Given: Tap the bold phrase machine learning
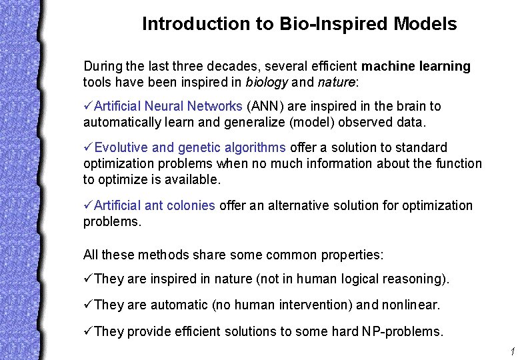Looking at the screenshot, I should (416, 67).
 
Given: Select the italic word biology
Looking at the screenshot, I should (267, 83).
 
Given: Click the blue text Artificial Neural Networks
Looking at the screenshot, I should (168, 107).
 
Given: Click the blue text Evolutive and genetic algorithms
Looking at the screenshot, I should (190, 148).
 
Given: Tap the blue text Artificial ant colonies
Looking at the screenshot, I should (155, 206).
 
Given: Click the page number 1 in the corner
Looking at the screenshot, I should (511, 351).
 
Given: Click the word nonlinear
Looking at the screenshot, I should (411, 305).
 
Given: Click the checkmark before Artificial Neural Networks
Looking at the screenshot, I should (88, 107).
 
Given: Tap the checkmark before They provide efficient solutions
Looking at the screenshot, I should (88, 331).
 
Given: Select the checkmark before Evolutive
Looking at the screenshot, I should (88, 148).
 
